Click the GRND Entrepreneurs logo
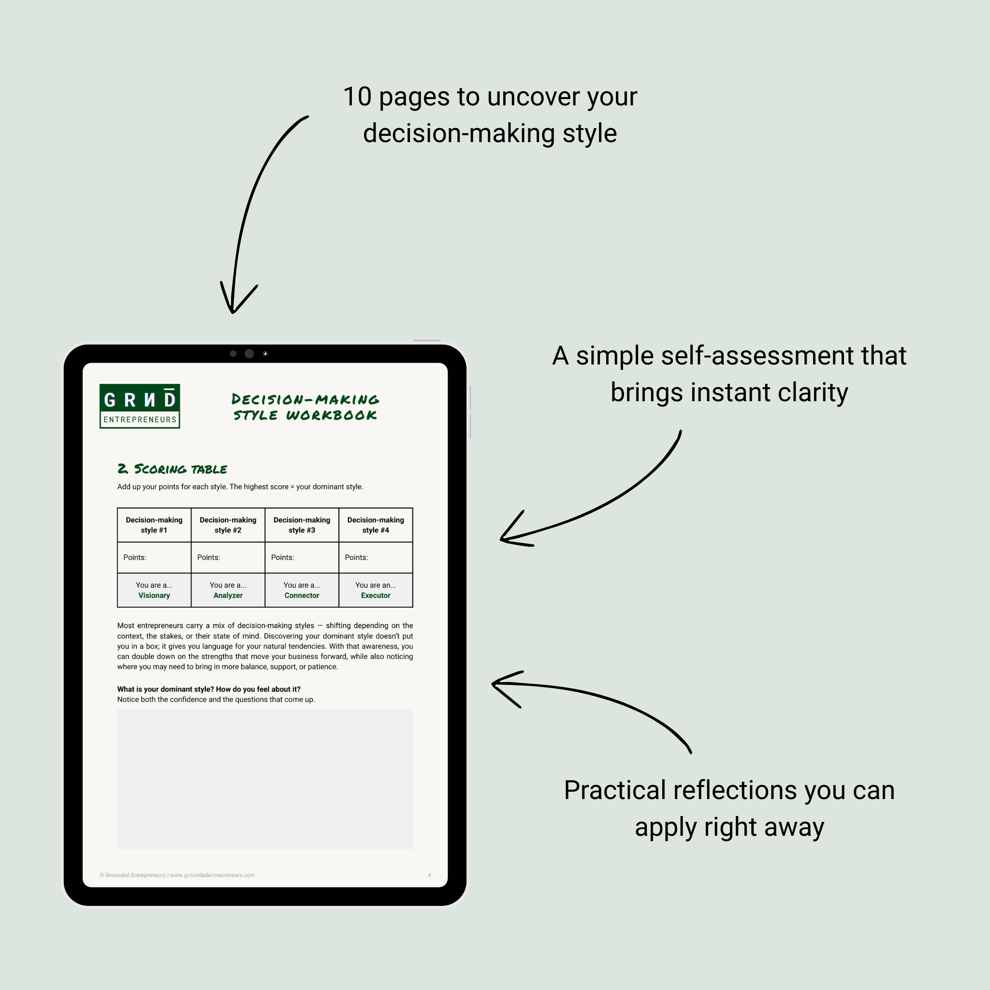click(139, 406)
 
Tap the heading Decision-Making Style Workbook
click(306, 407)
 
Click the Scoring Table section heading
click(172, 469)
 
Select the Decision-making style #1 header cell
click(154, 524)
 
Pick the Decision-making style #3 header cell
click(301, 524)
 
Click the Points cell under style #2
click(228, 557)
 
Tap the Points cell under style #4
click(375, 557)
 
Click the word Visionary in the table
click(154, 596)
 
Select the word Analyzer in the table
click(228, 596)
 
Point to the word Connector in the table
click(301, 596)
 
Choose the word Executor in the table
click(375, 596)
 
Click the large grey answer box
click(265, 779)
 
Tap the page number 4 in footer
click(429, 875)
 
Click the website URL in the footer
click(212, 875)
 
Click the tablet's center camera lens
click(249, 353)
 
